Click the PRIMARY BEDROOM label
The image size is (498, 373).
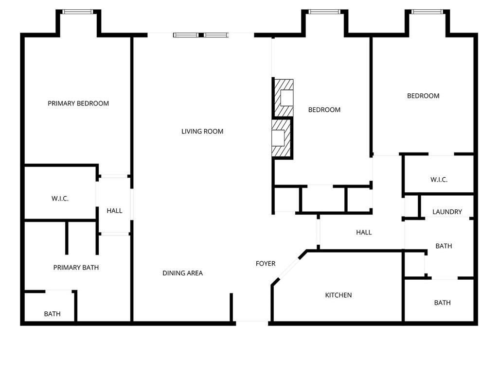78,103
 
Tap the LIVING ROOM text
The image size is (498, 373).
202,131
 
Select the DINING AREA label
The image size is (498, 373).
182,273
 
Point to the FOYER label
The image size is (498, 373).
266,264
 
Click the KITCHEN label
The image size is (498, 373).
338,295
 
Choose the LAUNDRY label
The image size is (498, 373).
447,212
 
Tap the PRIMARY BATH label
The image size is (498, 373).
76,267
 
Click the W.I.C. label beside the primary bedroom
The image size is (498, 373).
60,199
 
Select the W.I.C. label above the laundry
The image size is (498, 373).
439,180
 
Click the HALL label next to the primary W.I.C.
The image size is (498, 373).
115,211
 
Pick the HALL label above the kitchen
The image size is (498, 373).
364,232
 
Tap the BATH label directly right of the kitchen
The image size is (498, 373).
442,303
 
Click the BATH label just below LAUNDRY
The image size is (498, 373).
444,246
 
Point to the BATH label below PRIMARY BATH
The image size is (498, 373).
53,314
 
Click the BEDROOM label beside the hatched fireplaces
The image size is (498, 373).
324,110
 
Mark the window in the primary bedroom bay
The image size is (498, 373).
78,12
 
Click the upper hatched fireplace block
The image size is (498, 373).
284,98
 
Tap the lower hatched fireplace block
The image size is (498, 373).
282,138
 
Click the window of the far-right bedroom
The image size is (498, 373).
427,12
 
